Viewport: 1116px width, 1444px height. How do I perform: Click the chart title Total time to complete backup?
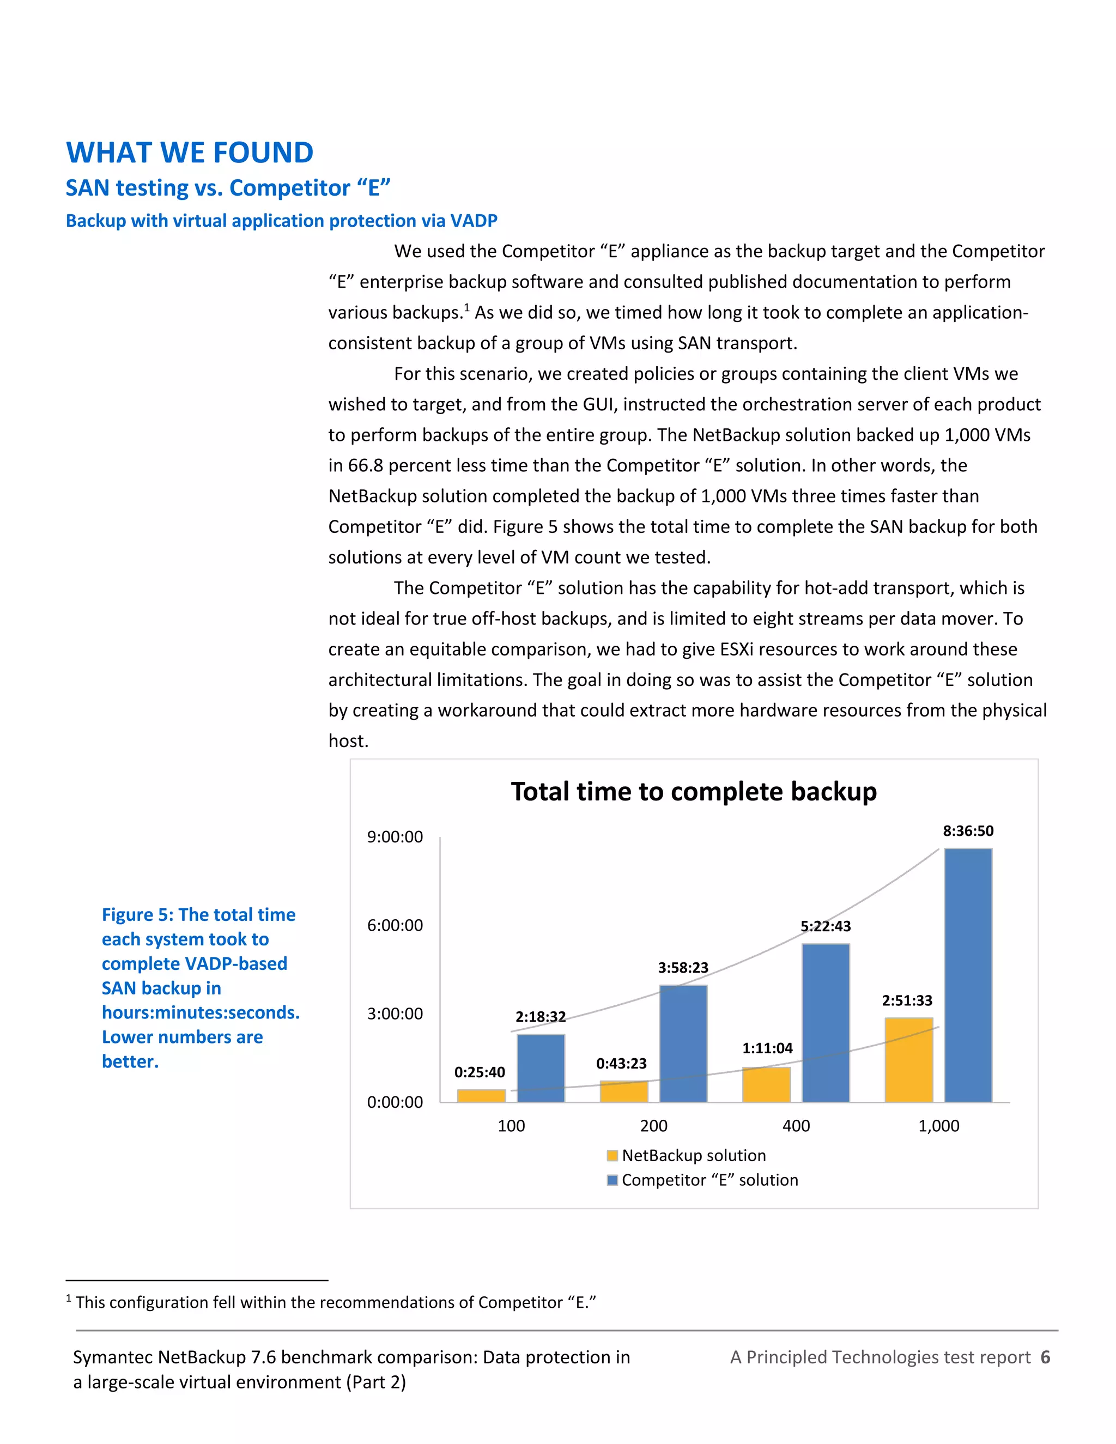point(694,791)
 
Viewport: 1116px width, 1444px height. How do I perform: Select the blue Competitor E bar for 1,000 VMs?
point(968,975)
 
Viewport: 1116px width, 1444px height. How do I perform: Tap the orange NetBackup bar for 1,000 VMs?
point(908,1060)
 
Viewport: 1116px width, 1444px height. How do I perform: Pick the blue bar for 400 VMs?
point(826,1023)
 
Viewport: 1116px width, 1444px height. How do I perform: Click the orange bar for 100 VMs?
point(481,1096)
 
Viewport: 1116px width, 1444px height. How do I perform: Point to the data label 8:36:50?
point(968,831)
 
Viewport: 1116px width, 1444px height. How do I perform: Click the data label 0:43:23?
point(621,1063)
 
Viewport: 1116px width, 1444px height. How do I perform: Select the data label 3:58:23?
point(683,968)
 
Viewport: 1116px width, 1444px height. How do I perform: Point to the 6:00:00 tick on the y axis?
point(395,925)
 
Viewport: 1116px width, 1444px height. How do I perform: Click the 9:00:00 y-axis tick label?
point(395,837)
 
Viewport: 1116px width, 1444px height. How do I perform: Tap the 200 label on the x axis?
point(653,1126)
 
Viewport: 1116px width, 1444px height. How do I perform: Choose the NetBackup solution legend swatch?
point(612,1156)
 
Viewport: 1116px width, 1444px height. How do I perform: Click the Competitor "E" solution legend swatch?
point(612,1180)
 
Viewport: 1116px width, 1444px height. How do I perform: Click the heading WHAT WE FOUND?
point(190,153)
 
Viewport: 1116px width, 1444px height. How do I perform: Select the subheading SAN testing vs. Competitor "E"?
point(228,188)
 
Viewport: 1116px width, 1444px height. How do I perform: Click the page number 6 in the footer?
point(1045,1357)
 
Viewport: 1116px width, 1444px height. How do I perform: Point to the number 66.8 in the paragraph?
point(366,465)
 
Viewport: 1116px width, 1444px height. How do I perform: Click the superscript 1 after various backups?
point(467,307)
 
